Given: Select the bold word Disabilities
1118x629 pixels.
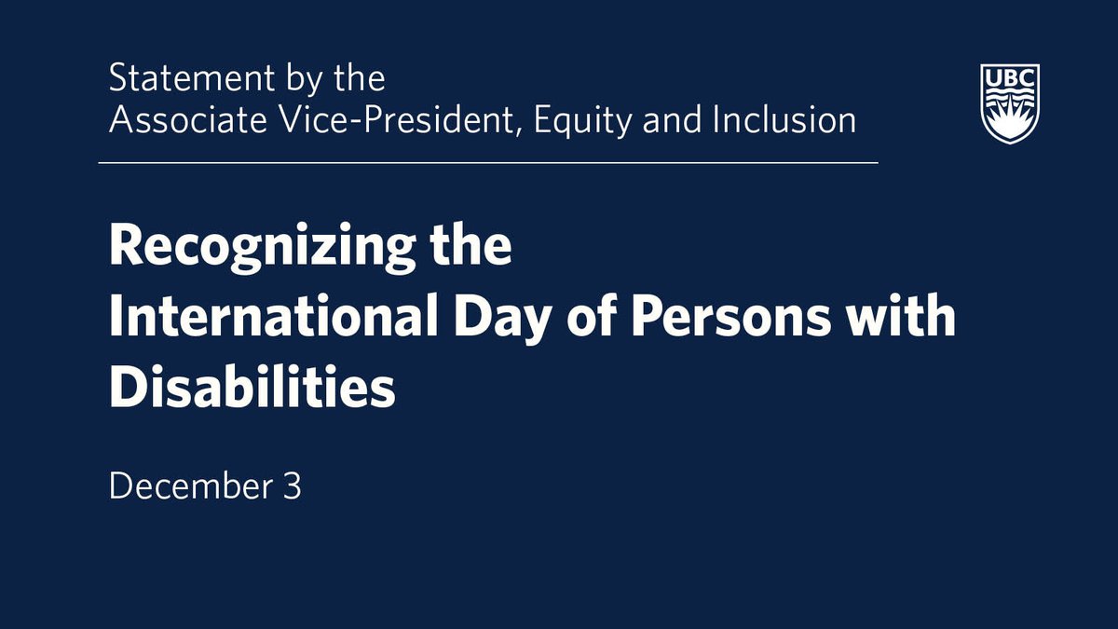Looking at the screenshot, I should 252,389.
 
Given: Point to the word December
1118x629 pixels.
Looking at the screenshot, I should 188,486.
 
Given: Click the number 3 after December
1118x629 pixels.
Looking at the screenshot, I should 293,486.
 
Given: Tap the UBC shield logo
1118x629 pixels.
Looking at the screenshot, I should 1010,103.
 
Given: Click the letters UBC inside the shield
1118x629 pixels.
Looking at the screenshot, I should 1010,77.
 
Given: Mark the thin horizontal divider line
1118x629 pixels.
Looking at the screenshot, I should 488,163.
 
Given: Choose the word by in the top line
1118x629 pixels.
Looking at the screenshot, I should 300,79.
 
